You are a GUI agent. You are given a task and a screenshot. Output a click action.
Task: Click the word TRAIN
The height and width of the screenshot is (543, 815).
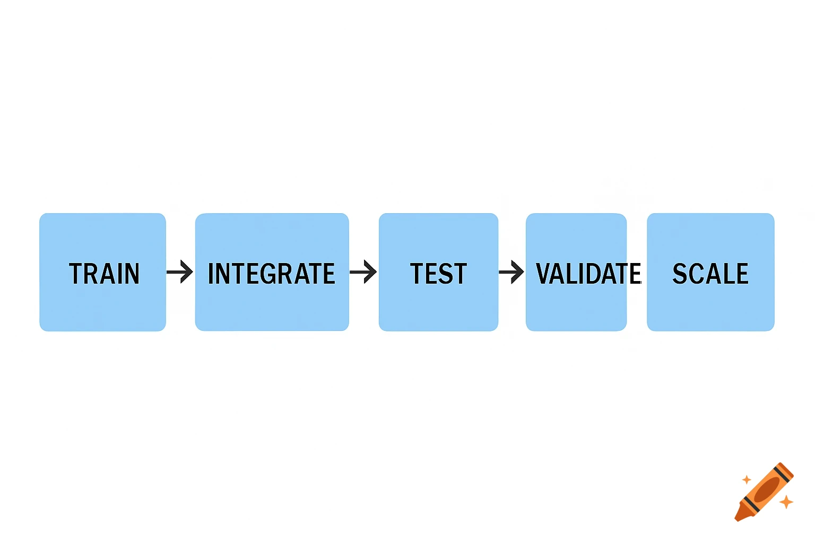(105, 274)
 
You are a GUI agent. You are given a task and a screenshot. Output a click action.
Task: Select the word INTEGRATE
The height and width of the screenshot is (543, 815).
(271, 274)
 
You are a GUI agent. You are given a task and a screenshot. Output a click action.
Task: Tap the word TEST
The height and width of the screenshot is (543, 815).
(438, 274)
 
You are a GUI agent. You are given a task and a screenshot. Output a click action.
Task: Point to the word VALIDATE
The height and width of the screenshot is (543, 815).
(588, 274)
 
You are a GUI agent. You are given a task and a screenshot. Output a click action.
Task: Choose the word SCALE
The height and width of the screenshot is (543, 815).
(710, 274)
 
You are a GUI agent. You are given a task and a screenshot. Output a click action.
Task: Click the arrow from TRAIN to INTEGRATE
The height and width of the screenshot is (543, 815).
(180, 272)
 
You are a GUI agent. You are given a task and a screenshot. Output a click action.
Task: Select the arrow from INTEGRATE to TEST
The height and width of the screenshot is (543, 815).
(363, 272)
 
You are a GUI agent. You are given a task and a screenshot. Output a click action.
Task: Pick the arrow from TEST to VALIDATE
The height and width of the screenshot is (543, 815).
(511, 272)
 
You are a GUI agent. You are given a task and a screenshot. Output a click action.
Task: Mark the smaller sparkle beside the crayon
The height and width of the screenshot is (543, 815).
(747, 480)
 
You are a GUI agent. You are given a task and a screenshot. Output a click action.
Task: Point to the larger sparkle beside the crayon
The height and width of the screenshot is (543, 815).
(786, 501)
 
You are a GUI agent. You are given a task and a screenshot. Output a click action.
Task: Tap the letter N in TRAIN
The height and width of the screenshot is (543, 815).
(131, 274)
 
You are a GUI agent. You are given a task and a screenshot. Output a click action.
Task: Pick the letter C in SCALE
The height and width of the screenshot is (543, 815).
(697, 274)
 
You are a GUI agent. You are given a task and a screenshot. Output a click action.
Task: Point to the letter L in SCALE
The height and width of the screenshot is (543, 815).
(727, 274)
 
